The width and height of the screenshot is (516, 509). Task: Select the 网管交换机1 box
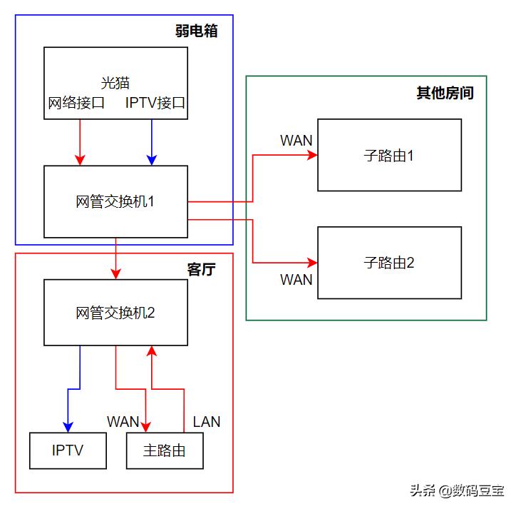point(115,201)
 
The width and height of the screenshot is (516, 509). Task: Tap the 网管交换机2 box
point(115,313)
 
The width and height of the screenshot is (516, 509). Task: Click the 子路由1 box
point(389,155)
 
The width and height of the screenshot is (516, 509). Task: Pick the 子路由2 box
point(389,262)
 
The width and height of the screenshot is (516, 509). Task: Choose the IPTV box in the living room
point(68,450)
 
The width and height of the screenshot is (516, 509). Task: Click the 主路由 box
point(165,450)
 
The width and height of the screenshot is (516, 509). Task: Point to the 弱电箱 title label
point(196,31)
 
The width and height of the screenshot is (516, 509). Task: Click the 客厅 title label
point(201,269)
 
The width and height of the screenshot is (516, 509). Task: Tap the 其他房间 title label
point(445,93)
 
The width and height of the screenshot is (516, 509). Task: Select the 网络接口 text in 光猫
point(76,103)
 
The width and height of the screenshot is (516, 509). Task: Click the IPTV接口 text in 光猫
point(155,103)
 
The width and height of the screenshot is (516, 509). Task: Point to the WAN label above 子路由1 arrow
point(296,140)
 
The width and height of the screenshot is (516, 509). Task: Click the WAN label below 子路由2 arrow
point(296,279)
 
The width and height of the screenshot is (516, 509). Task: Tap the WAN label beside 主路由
point(123,421)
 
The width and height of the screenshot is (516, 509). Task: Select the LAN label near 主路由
point(207,421)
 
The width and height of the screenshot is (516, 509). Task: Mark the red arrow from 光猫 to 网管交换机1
point(80,141)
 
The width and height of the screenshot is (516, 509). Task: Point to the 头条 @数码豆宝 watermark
point(456,490)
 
